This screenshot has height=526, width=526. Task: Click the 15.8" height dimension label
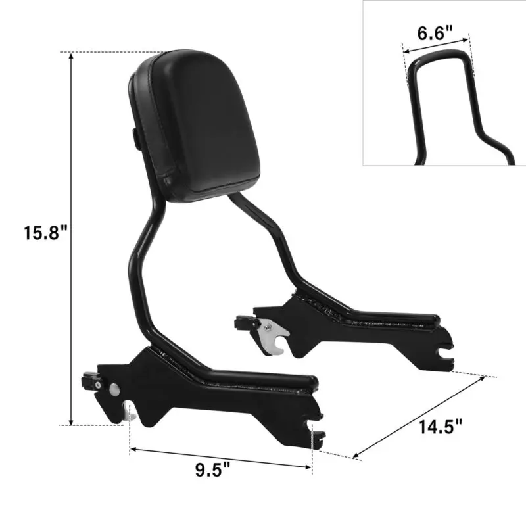[x=45, y=232]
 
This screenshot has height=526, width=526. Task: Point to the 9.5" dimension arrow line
[x=220, y=458]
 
